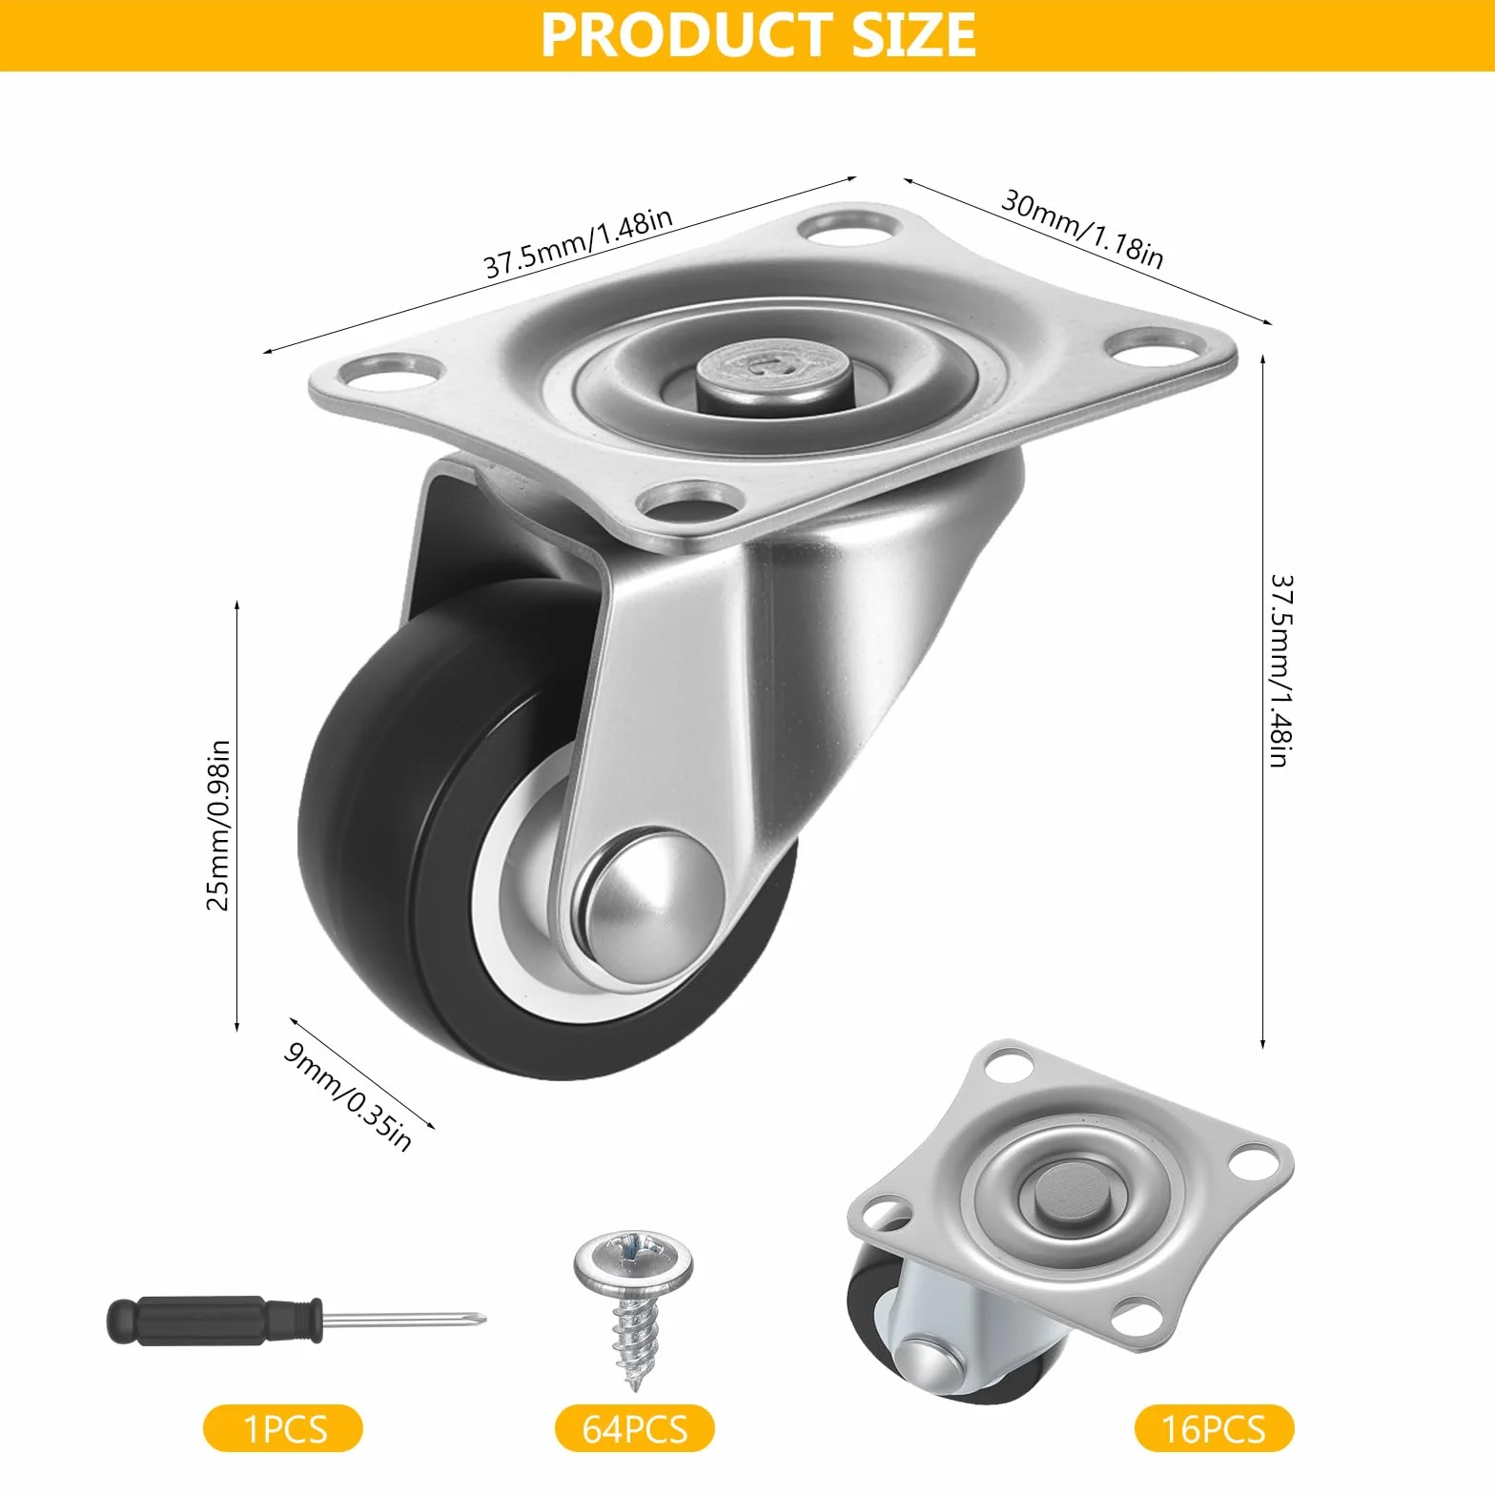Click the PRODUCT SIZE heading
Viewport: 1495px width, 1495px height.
point(759,35)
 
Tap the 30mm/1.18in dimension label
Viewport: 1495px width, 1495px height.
point(1082,229)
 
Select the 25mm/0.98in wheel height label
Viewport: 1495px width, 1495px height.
point(218,824)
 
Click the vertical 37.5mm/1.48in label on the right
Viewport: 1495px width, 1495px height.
point(1280,670)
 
